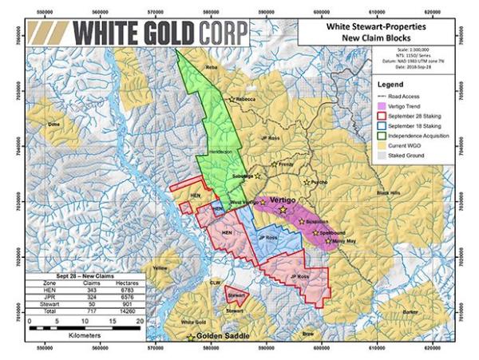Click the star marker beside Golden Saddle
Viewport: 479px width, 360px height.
click(x=190, y=337)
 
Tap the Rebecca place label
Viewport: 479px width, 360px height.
click(x=246, y=99)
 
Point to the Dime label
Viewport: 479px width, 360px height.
click(x=53, y=125)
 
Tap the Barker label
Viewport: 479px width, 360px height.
click(x=410, y=311)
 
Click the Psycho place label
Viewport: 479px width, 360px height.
click(x=318, y=182)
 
